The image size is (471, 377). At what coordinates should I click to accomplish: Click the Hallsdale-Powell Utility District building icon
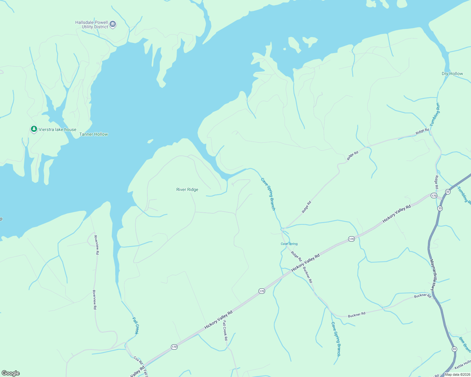113,24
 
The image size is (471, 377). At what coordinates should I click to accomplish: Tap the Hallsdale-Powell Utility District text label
92,25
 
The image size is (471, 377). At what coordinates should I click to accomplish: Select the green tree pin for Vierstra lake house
34,129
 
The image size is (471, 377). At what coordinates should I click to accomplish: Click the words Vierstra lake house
57,129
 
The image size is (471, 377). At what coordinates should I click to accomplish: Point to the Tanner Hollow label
94,134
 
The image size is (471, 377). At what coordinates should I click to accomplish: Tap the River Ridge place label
187,189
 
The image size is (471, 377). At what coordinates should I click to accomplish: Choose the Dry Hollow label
452,74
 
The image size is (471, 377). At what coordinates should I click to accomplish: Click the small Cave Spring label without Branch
289,244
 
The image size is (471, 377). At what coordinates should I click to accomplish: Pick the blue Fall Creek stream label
135,325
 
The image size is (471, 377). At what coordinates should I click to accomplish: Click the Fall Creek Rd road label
225,330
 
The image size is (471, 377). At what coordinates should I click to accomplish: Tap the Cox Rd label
138,360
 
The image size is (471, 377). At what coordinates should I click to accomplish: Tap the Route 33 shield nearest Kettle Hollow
454,349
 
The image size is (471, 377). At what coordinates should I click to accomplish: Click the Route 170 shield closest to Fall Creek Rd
174,347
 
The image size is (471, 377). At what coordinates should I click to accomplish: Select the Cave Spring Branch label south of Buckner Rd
336,339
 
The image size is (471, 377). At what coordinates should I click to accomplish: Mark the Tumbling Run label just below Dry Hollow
435,114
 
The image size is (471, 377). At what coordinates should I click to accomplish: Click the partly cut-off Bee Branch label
465,344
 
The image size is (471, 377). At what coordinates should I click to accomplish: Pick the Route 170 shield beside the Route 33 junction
434,196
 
